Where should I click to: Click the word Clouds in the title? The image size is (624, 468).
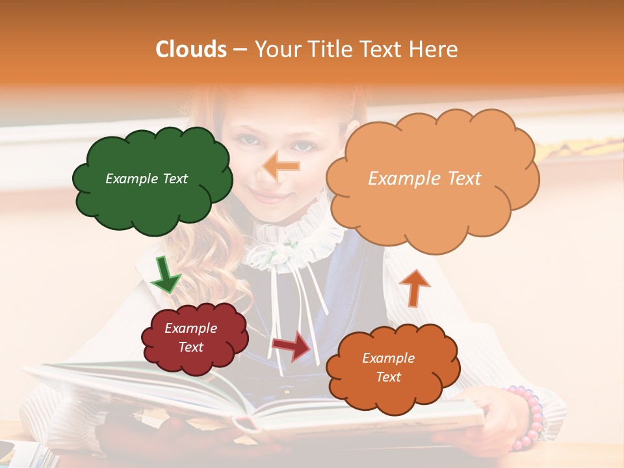click(x=191, y=49)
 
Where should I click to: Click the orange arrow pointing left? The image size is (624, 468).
click(x=281, y=167)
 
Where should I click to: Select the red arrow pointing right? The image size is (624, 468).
click(x=291, y=346)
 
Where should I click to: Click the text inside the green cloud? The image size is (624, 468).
click(x=146, y=179)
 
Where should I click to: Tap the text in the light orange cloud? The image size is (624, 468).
click(x=424, y=179)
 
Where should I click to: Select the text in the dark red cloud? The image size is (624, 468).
click(x=191, y=338)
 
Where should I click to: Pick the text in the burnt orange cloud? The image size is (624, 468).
click(x=388, y=367)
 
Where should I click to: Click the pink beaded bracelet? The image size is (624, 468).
click(x=529, y=416)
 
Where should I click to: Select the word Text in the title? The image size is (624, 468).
click(x=383, y=49)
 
